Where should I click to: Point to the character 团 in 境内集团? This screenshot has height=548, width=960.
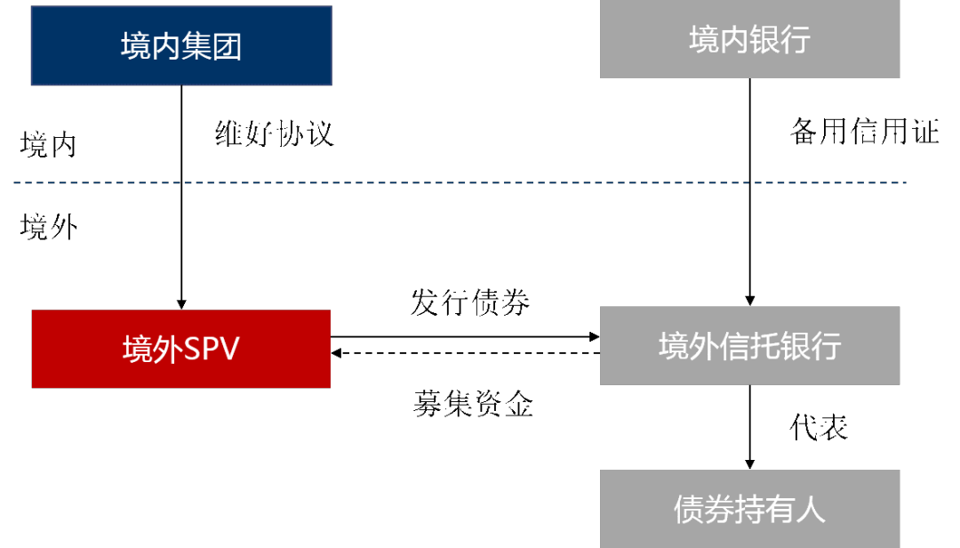[x=228, y=46]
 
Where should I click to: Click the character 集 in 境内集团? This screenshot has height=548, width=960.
[x=196, y=46]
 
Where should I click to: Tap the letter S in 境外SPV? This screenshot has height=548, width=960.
[x=192, y=349]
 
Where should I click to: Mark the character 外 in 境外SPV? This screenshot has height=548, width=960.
[x=167, y=349]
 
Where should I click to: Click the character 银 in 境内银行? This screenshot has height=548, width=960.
[x=764, y=39]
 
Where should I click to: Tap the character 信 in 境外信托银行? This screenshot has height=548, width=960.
[x=734, y=346]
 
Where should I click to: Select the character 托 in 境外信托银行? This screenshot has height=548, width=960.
[x=764, y=346]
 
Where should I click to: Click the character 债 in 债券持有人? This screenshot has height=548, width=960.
[x=689, y=510]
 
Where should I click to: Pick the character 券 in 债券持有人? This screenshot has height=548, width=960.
[x=719, y=510]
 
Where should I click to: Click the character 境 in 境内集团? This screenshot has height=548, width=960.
[x=136, y=46]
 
